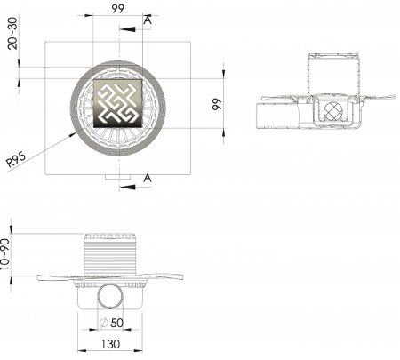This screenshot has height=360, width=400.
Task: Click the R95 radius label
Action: [16, 159]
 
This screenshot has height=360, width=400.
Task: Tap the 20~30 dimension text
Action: [12, 33]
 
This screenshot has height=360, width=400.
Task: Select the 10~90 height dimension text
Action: [5, 254]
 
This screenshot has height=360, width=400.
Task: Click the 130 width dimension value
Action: [110, 344]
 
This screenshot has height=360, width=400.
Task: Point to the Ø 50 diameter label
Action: [111, 323]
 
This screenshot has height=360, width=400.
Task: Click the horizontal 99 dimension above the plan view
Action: [118, 9]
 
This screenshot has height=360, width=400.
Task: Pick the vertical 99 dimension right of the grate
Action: [217, 104]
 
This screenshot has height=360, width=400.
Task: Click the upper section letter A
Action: [148, 20]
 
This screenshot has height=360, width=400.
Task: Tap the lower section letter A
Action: [148, 178]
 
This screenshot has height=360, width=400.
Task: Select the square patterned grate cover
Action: [118, 103]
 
